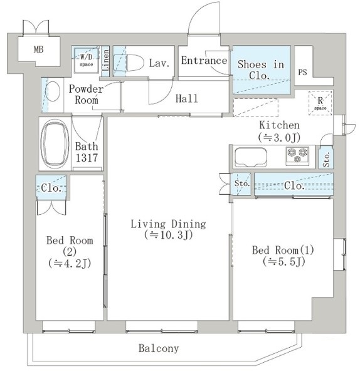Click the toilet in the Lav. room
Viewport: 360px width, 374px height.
[129, 63]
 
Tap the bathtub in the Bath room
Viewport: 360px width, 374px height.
[55, 144]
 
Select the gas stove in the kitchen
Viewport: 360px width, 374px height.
[297, 156]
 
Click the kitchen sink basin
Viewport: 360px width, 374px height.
[250, 157]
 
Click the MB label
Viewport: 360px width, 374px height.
[39, 49]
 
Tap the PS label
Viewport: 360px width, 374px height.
[302, 72]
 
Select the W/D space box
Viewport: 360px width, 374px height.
[86, 60]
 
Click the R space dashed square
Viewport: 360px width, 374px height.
[320, 103]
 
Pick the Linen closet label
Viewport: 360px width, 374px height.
[105, 60]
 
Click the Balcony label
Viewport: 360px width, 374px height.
[159, 348]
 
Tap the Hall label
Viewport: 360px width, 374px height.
[187, 98]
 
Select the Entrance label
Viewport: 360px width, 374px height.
[204, 60]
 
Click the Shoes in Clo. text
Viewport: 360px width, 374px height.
[261, 70]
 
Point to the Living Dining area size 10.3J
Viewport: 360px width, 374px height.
[168, 235]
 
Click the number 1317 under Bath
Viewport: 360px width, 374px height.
[87, 158]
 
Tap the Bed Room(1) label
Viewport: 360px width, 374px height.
[283, 250]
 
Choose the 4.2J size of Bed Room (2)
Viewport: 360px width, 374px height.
[70, 264]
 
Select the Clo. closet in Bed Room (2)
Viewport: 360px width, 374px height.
[51, 187]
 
